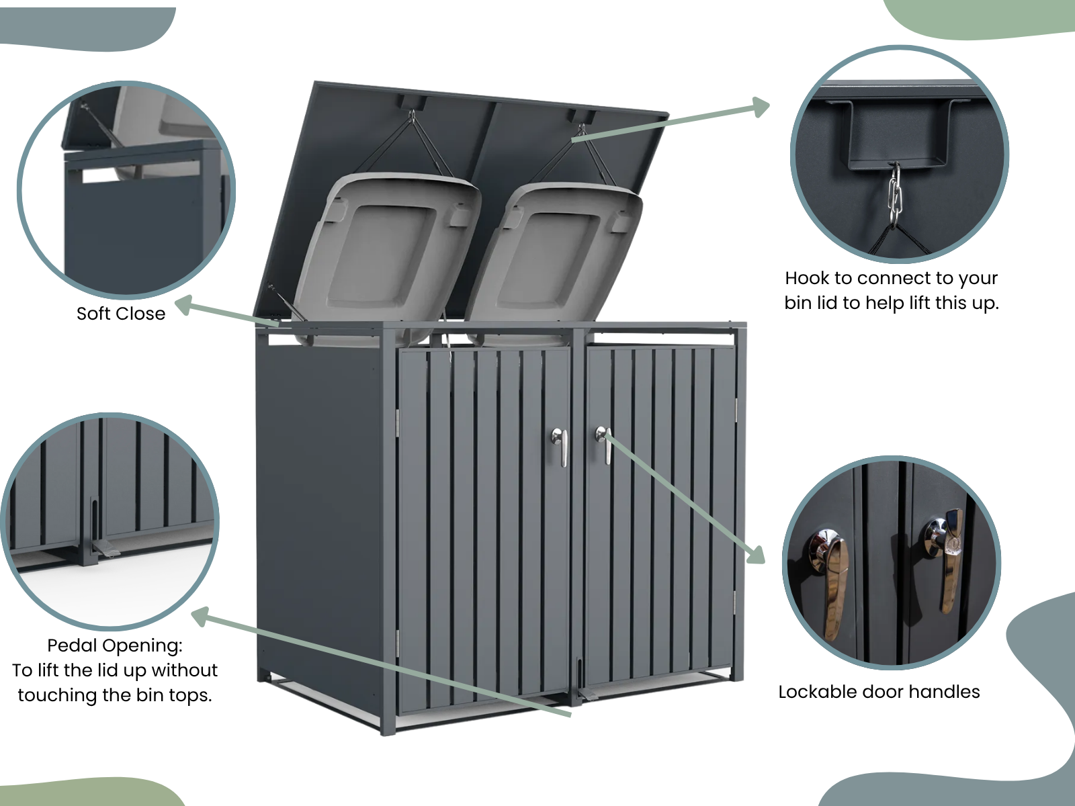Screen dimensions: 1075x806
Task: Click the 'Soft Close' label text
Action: click(x=121, y=314)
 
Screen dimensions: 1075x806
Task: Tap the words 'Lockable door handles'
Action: click(x=879, y=692)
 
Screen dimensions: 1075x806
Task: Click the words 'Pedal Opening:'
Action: click(x=115, y=645)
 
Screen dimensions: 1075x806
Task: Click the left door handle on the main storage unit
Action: click(x=560, y=446)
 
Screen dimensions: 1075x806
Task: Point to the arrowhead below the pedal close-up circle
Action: click(x=203, y=617)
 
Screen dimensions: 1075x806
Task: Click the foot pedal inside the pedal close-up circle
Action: click(x=107, y=549)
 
